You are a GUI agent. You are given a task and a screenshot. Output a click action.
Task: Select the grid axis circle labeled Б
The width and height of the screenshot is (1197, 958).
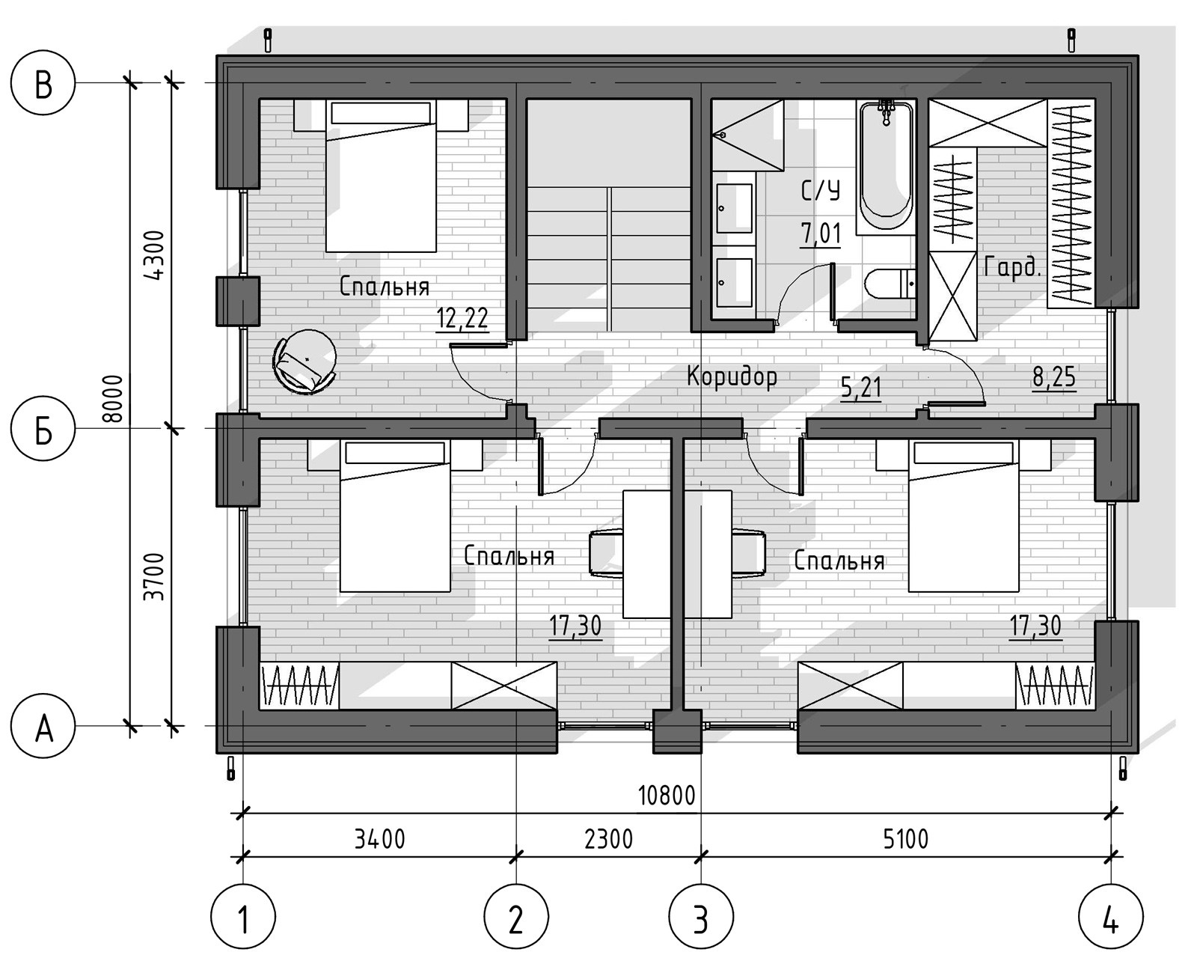click(43, 428)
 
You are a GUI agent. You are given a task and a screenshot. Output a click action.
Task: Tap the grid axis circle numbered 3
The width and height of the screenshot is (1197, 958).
click(701, 915)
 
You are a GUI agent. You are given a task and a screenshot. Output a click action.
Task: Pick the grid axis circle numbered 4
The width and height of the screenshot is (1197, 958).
click(1111, 915)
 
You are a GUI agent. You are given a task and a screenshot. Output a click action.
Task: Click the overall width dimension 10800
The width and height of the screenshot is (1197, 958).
click(667, 796)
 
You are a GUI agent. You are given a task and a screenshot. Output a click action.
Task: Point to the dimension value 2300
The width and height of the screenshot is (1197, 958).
click(608, 840)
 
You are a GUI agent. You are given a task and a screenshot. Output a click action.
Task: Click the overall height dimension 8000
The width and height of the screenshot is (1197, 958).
click(113, 399)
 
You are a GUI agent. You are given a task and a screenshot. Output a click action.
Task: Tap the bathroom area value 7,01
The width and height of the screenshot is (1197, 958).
click(821, 234)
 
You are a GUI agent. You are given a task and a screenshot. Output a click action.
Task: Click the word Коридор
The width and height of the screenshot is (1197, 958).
click(732, 376)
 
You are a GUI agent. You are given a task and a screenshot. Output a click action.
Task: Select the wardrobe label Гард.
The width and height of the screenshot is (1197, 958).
click(1011, 268)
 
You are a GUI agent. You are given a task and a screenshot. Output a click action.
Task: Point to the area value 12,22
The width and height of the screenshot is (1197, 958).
click(462, 318)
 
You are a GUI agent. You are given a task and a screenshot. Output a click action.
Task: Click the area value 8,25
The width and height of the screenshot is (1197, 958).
click(1054, 378)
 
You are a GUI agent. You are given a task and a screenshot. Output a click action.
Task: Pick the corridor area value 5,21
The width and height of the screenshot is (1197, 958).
click(861, 388)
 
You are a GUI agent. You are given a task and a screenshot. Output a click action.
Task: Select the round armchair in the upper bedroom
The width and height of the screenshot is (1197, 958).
click(304, 361)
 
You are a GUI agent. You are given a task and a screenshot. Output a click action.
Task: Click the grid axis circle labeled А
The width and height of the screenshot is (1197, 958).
click(43, 725)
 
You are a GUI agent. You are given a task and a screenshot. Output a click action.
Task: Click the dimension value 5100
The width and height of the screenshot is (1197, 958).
click(905, 840)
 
